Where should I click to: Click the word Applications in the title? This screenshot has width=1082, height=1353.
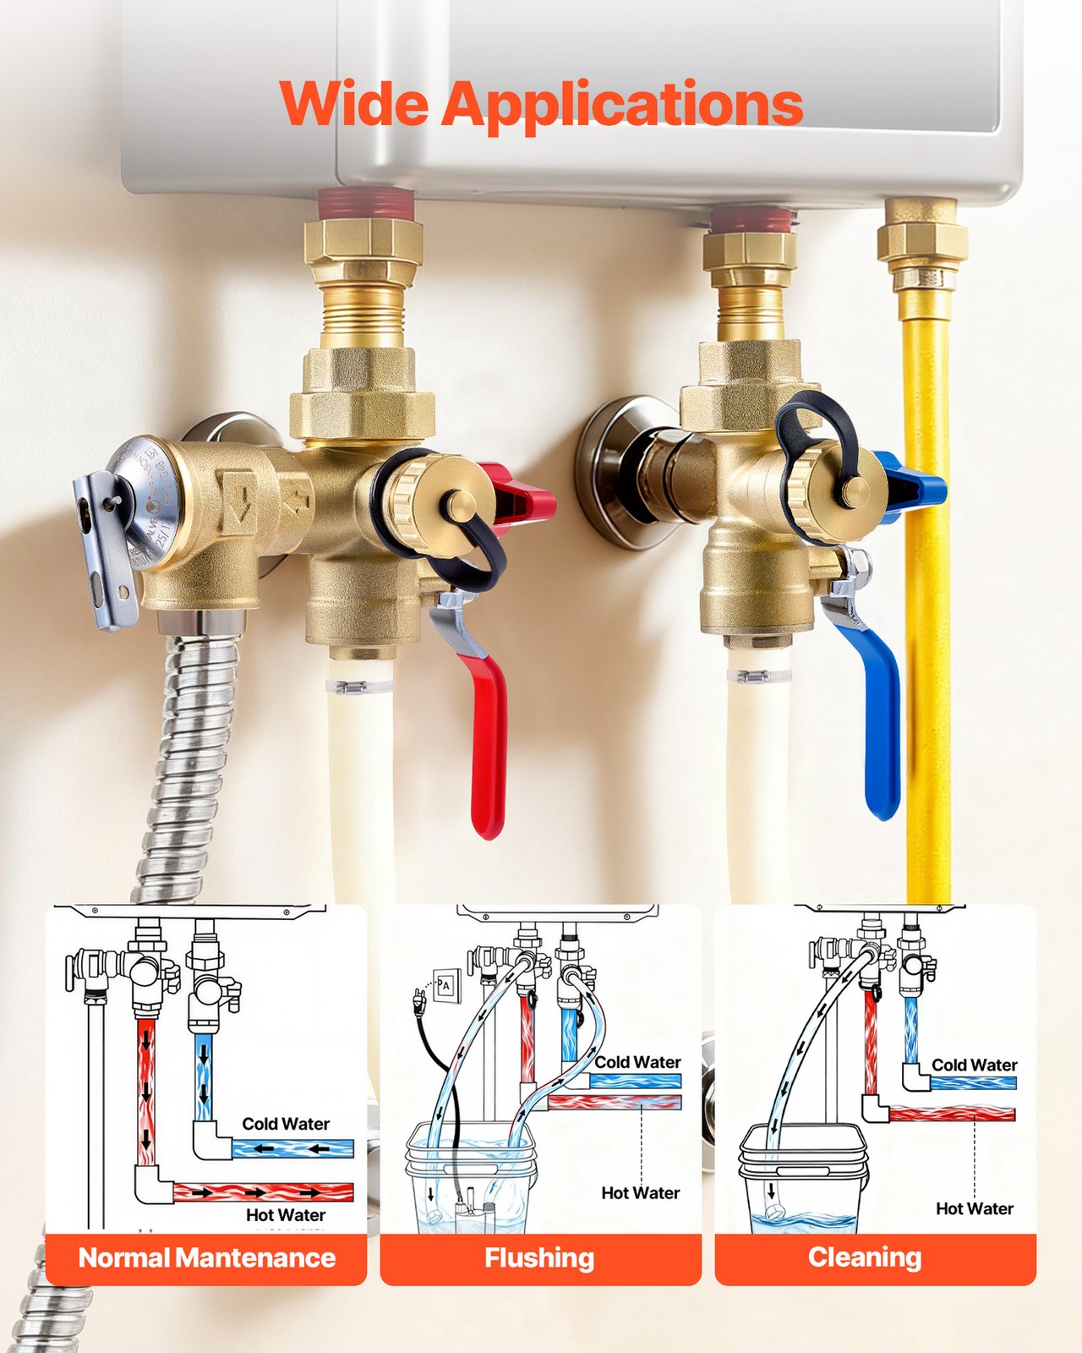[621, 106]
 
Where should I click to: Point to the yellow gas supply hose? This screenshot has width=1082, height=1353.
[927, 592]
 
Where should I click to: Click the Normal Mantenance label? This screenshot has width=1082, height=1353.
[206, 1258]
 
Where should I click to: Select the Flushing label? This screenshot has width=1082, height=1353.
[539, 1258]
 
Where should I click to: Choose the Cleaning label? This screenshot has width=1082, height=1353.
[864, 1257]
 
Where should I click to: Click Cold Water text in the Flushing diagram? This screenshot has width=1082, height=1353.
[637, 1062]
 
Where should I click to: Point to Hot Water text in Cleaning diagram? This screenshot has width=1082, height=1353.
[974, 1209]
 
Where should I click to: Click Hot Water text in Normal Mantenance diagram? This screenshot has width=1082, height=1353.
[286, 1215]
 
